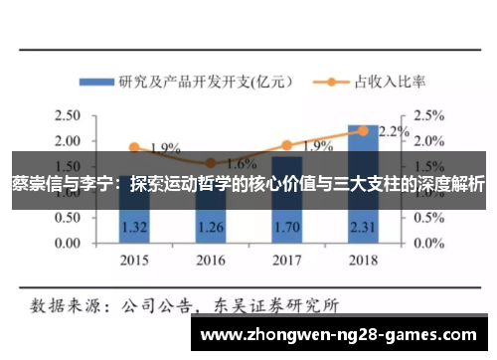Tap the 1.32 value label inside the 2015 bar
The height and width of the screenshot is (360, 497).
pyautogui.click(x=134, y=227)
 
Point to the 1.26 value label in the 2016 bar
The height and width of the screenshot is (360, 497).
pyautogui.click(x=210, y=227)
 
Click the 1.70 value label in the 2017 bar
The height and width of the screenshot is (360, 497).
pyautogui.click(x=286, y=227)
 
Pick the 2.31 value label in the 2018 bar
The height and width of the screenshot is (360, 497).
pyautogui.click(x=363, y=227)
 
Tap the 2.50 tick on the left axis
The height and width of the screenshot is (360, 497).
pyautogui.click(x=71, y=115)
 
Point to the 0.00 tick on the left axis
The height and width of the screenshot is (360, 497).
pyautogui.click(x=71, y=243)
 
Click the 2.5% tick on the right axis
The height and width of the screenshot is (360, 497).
pyautogui.click(x=428, y=115)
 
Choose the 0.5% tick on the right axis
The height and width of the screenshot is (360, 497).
pyautogui.click(x=428, y=217)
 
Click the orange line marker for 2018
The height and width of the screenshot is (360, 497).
pyautogui.click(x=363, y=130)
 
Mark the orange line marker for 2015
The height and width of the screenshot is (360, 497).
pyautogui.click(x=134, y=146)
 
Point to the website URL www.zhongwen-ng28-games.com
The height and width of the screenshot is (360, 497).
pyautogui.click(x=344, y=335)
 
